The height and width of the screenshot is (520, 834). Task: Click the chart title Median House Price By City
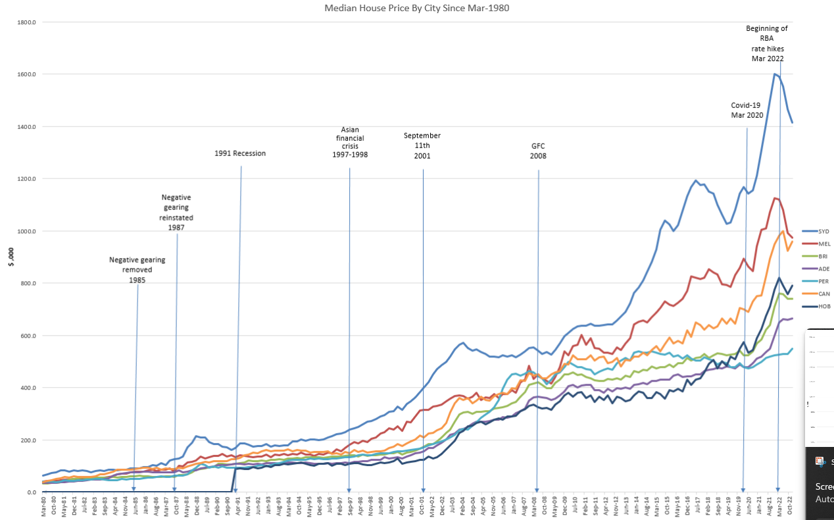[417, 8]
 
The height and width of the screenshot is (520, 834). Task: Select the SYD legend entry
[824, 231]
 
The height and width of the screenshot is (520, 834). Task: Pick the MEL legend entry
[825, 244]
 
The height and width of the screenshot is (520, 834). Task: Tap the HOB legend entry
[824, 306]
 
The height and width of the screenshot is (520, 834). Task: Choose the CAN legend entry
[824, 294]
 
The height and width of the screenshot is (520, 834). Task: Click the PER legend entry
[824, 281]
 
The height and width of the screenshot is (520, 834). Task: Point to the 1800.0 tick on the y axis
[26, 22]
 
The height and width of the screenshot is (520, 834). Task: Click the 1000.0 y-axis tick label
[26, 231]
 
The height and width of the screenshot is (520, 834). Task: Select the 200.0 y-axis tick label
[28, 440]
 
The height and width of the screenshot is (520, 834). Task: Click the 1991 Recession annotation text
[240, 153]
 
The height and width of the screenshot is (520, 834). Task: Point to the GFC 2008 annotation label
[539, 151]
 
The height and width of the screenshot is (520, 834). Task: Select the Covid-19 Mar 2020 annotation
[747, 110]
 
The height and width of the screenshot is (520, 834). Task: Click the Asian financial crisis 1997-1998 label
[350, 142]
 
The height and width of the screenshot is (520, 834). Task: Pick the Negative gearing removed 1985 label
[137, 270]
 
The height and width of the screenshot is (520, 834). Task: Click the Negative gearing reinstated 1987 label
[176, 212]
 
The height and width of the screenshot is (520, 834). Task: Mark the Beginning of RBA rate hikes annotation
[767, 43]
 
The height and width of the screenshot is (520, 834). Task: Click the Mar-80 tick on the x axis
[44, 506]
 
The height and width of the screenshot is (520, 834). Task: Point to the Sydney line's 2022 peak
[775, 74]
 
